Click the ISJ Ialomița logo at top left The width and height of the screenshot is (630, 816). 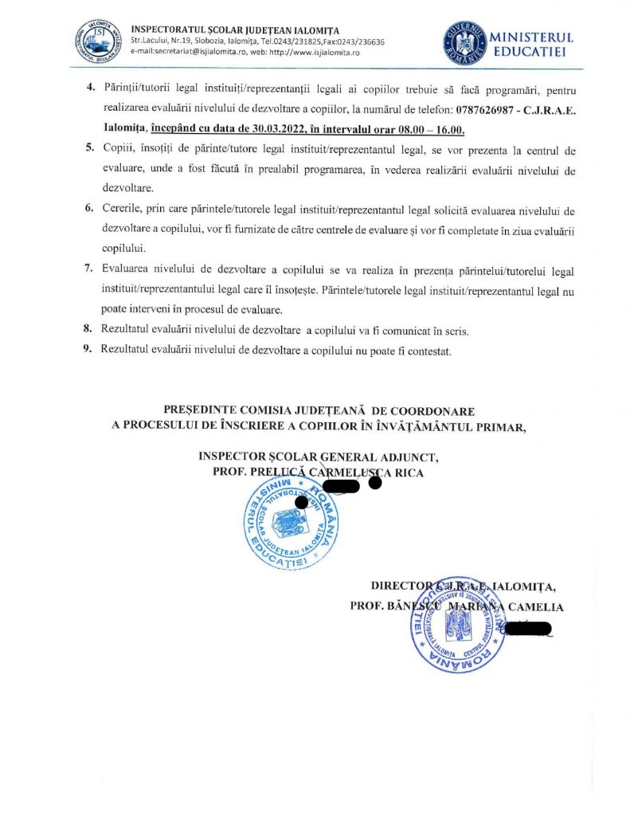pos(96,37)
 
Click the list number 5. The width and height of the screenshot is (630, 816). pos(88,150)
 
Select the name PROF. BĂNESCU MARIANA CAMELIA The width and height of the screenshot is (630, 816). pos(456,606)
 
